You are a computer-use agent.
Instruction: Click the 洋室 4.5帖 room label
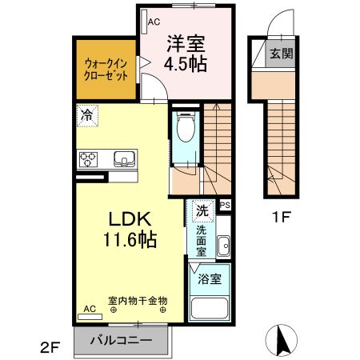point(186,54)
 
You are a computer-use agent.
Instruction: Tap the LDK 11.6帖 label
point(127,228)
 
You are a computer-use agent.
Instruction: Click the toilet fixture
point(186,130)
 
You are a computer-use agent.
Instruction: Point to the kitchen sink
point(126,158)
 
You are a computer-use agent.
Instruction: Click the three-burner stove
point(88,158)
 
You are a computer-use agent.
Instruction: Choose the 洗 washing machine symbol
point(202,212)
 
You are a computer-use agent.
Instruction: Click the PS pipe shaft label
point(225,206)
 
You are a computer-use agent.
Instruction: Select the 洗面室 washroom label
point(202,239)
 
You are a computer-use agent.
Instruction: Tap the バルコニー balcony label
point(121,339)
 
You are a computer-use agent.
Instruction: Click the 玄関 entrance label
point(281,54)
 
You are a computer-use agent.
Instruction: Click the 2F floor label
point(50,347)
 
